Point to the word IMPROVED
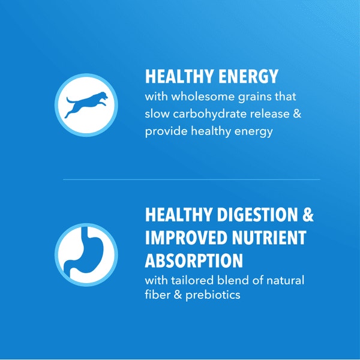tap(188, 237)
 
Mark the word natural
tap(284, 280)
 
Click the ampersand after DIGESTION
tap(307, 214)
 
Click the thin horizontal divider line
tap(192, 179)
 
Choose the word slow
tap(157, 114)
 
